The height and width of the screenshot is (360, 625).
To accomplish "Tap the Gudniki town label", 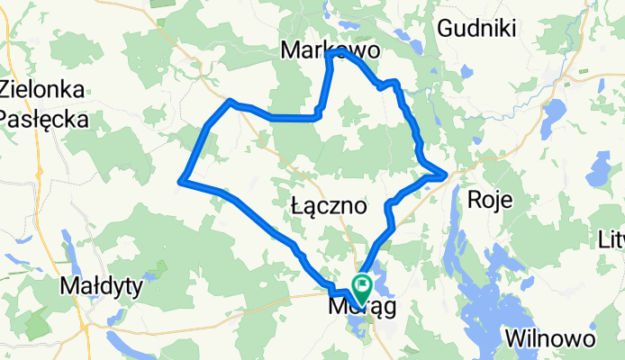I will [x=476, y=30].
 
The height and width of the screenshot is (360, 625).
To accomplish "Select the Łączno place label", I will [x=330, y=206].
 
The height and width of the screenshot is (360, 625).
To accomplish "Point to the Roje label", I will [x=490, y=200].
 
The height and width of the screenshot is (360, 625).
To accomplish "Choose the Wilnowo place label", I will [x=549, y=339].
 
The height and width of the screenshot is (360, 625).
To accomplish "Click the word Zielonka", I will [x=44, y=90].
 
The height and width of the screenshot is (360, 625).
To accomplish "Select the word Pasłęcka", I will [x=44, y=119].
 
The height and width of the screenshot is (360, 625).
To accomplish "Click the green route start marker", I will [x=364, y=286].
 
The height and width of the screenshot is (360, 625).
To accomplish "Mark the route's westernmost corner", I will [x=182, y=182].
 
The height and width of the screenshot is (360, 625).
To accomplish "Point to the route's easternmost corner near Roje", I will [x=446, y=173].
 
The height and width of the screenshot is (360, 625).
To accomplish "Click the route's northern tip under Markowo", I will [x=333, y=54].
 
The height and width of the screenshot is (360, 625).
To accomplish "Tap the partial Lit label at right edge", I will [x=611, y=239].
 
